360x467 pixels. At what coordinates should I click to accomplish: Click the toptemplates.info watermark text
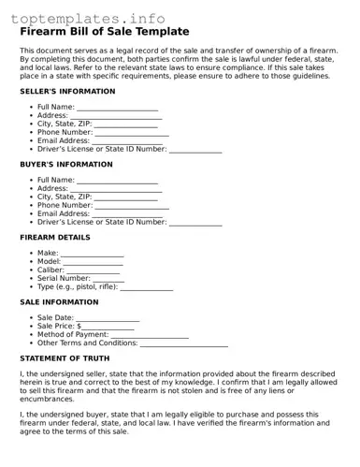tap(92, 18)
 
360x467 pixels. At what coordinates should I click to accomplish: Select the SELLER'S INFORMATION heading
tap(67, 92)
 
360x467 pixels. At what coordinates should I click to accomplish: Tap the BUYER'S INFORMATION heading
tap(65, 165)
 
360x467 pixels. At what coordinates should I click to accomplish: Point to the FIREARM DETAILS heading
tap(55, 238)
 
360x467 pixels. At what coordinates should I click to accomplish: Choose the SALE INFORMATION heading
tap(59, 302)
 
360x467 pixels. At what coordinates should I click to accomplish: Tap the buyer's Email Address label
tap(64, 213)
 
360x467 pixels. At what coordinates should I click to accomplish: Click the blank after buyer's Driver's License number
tap(195, 223)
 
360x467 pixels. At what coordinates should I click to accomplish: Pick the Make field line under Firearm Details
tap(93, 255)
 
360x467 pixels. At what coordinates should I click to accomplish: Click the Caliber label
tap(51, 270)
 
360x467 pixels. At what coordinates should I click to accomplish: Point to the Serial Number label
tap(62, 279)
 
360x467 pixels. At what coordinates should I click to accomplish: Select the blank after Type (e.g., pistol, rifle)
tap(147, 287)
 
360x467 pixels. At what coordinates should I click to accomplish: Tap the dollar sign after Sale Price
tap(79, 327)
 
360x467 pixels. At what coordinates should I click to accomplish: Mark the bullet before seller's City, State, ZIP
tap(31, 124)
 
